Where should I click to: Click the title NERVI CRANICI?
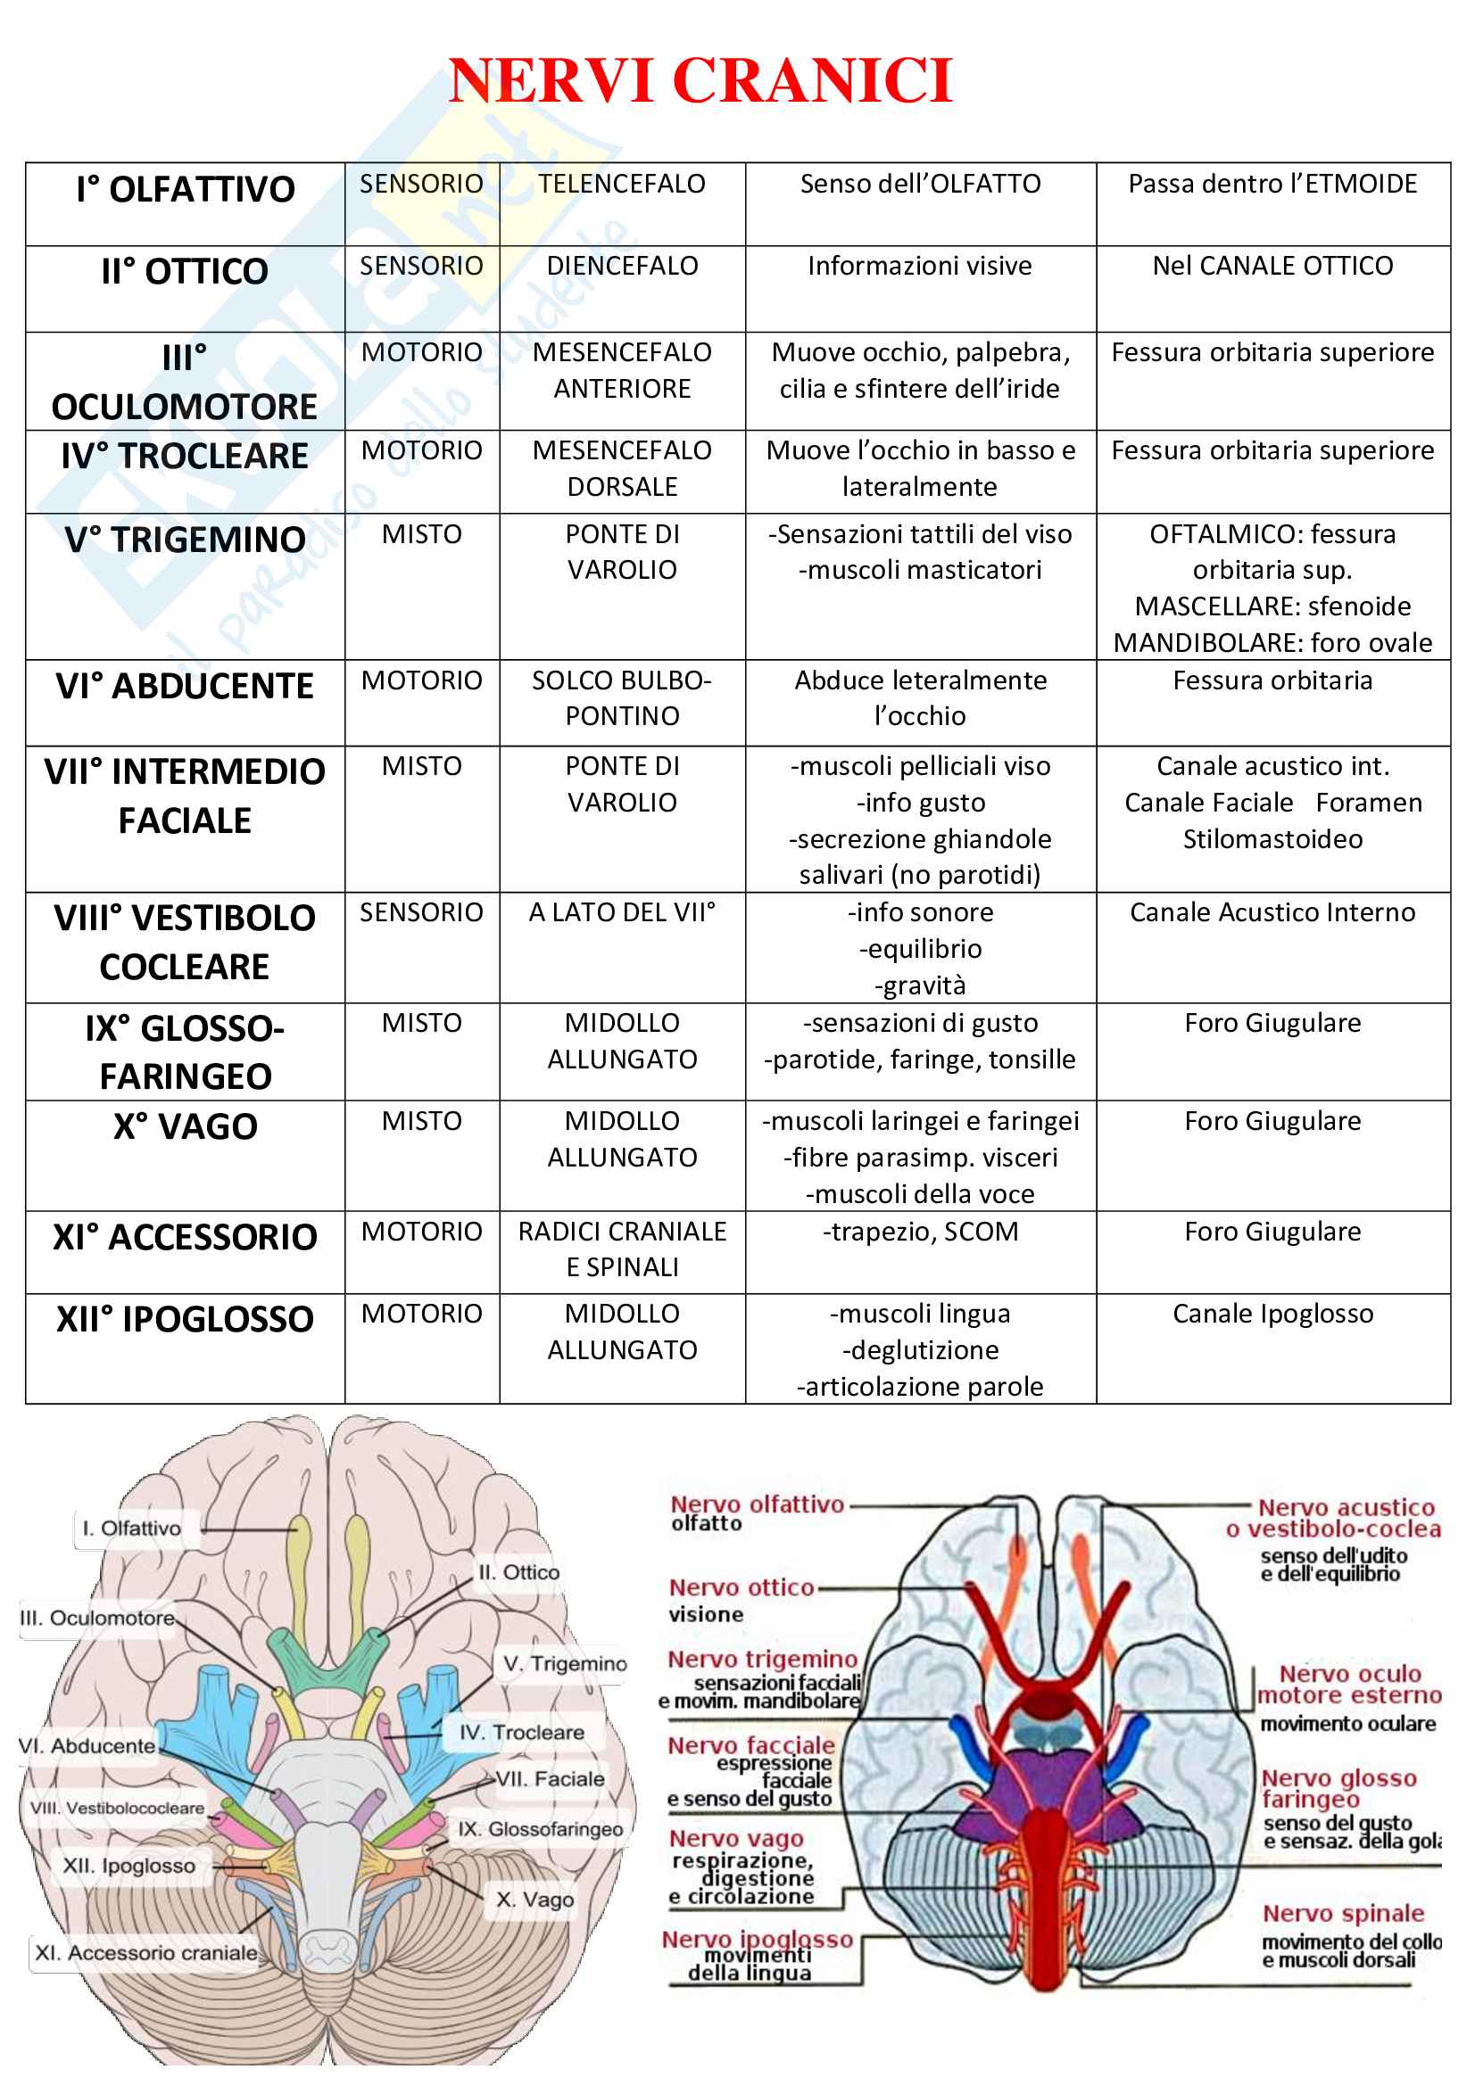click(700, 81)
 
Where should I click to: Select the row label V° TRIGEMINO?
click(185, 540)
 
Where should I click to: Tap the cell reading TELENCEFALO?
click(622, 185)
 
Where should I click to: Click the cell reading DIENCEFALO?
click(622, 266)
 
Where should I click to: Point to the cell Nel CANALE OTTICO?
click(1272, 266)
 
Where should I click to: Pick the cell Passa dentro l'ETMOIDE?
click(1272, 185)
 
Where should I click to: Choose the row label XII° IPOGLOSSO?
click(185, 1319)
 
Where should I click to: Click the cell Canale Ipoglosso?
click(1272, 1314)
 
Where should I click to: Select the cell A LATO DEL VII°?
click(622, 912)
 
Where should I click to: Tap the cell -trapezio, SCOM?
click(920, 1232)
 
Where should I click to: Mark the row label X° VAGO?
click(185, 1126)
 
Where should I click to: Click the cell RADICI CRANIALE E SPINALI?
click(622, 1249)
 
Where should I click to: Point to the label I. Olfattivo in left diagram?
click(132, 1529)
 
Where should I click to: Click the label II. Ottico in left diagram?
click(519, 1571)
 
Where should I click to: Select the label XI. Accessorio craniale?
click(145, 1952)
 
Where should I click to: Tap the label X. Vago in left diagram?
click(534, 1900)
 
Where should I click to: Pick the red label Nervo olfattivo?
click(757, 1505)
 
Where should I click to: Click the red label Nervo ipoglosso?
click(757, 1939)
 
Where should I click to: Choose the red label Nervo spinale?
click(1342, 1913)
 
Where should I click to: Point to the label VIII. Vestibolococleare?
click(116, 1808)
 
